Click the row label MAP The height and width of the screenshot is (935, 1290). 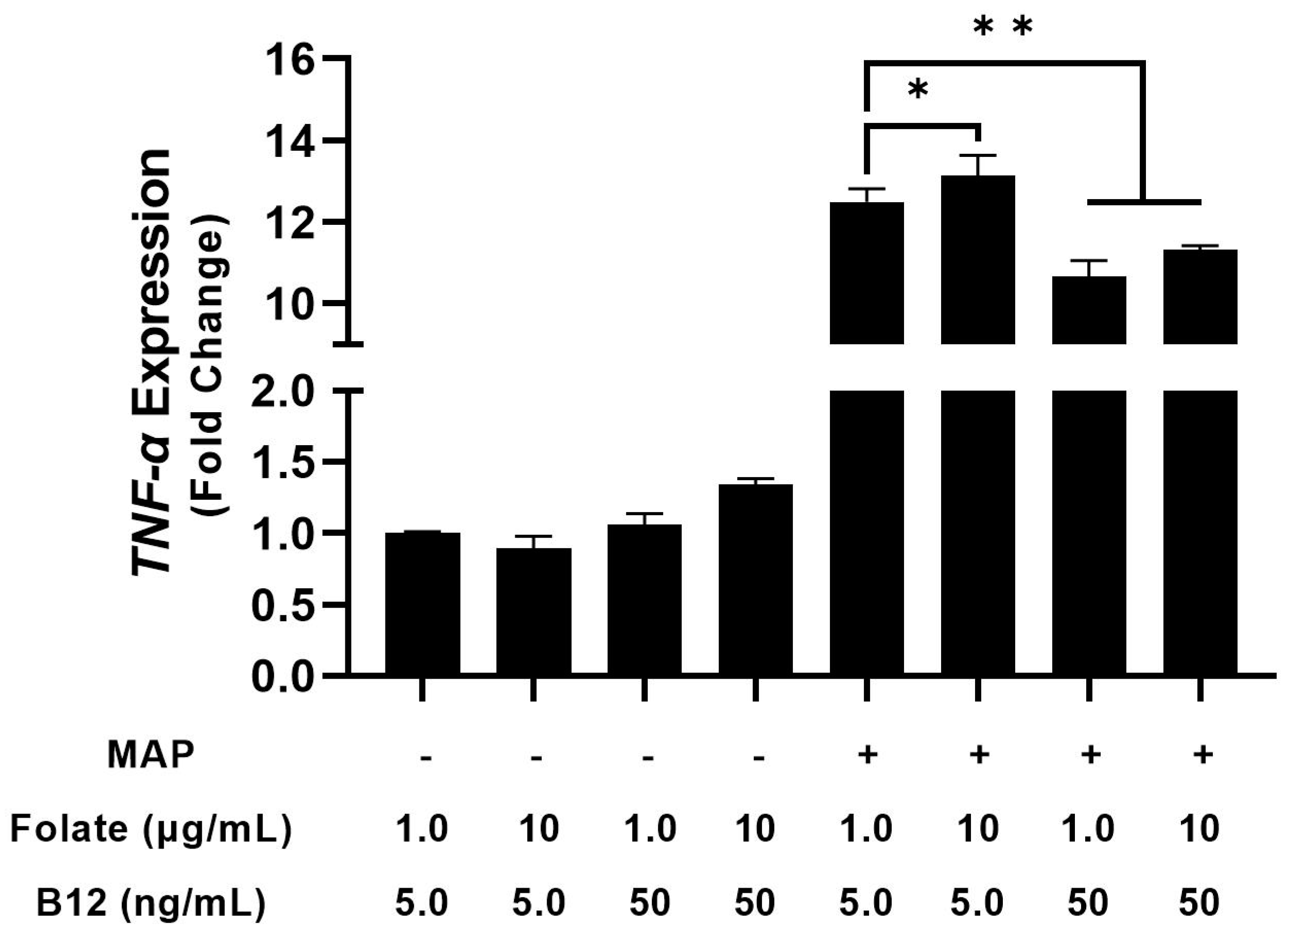point(150,755)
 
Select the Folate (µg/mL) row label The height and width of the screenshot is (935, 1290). point(150,829)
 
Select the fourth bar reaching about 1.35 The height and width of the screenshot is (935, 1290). point(756,580)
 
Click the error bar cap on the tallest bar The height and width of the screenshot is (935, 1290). point(978,155)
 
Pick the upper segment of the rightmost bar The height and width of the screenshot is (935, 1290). point(1200,296)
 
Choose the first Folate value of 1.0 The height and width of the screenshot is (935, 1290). point(422,829)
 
